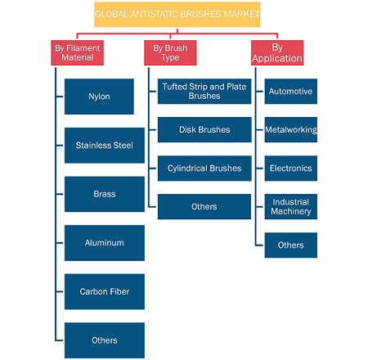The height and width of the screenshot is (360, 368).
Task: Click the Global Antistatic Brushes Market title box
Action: pyautogui.click(x=177, y=15)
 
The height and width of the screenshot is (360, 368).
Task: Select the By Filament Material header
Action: pyautogui.click(x=77, y=52)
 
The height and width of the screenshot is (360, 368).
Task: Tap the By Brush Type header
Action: pyautogui.click(x=170, y=52)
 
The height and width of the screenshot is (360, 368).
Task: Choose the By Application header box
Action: pyautogui.click(x=277, y=52)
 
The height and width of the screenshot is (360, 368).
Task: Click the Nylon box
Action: pyautogui.click(x=99, y=97)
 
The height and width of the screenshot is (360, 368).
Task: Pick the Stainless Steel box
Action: pyautogui.click(x=105, y=146)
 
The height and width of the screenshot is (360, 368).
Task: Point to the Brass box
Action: pyautogui.click(x=105, y=194)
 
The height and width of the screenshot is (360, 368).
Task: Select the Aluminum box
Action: pyautogui.click(x=105, y=243)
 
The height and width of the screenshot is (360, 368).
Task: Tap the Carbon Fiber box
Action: pyautogui.click(x=105, y=291)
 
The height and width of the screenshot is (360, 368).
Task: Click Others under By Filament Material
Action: pyautogui.click(x=105, y=340)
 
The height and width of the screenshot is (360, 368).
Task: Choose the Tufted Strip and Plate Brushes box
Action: pyautogui.click(x=204, y=92)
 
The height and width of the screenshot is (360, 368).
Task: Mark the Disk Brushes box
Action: pyautogui.click(x=204, y=130)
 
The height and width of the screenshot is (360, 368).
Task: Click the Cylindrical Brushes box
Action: pyautogui.click(x=204, y=169)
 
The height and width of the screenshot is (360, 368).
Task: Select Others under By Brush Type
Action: pyautogui.click(x=204, y=207)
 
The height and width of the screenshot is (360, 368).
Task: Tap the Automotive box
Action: pyautogui.click(x=291, y=92)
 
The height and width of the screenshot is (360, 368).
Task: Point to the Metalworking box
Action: pyautogui.click(x=291, y=130)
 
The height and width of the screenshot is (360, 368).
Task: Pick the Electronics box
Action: pyautogui.click(x=291, y=169)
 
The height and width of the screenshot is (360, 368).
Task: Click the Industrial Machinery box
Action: pyautogui.click(x=291, y=207)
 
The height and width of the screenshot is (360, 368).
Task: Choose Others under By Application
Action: pyautogui.click(x=291, y=245)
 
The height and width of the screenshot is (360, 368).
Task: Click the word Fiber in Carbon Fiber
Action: pyautogui.click(x=119, y=291)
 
